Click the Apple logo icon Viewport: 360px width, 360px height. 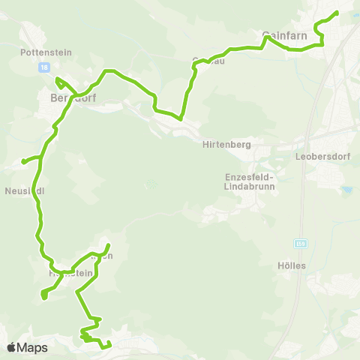tap(12, 347)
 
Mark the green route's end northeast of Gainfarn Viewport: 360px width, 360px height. tap(336, 13)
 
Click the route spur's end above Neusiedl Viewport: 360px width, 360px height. tap(24, 160)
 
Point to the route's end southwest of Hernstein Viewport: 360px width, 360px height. tap(44, 298)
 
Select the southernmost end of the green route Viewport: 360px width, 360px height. tap(109, 345)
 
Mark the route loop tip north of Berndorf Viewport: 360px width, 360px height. tap(58, 79)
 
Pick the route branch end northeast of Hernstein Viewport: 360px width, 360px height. tap(108, 246)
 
